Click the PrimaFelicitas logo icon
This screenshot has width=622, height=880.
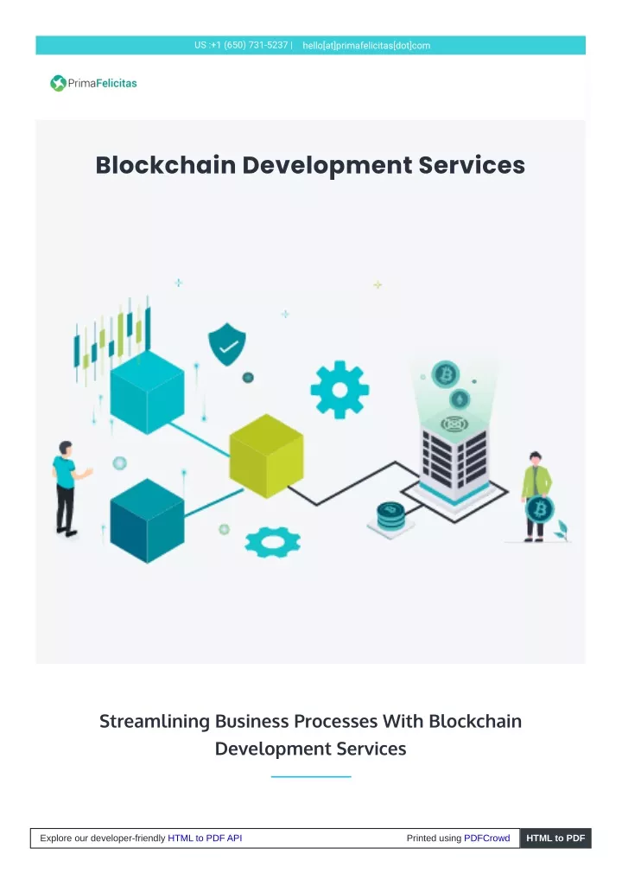[x=59, y=83]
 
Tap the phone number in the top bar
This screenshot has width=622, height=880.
[x=250, y=45]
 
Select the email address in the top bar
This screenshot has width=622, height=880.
[x=366, y=46]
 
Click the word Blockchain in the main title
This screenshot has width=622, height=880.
[x=166, y=165]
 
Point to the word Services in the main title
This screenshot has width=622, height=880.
[x=472, y=165]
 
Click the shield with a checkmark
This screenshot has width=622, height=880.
[x=226, y=344]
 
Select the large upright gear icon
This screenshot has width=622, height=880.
[x=340, y=390]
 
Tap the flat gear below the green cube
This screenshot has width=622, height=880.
[x=273, y=542]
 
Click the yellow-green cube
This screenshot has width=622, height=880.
[x=266, y=456]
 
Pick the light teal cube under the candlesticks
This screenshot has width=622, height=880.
[x=147, y=392]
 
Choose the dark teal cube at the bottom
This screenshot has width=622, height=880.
[x=147, y=520]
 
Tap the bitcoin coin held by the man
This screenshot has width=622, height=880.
[x=540, y=510]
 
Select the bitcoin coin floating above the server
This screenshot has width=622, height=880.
[x=445, y=373]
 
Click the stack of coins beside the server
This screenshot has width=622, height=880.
[x=390, y=516]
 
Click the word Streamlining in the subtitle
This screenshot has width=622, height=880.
[x=155, y=721]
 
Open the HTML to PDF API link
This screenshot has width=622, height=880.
[x=205, y=838]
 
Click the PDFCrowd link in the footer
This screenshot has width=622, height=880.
[x=487, y=838]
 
